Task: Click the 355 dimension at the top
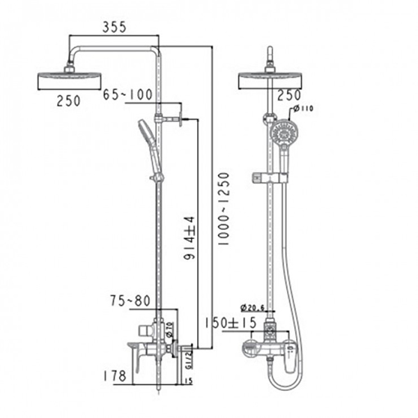pos(114,27)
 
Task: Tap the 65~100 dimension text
pos(127,95)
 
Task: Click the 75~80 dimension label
pos(131,301)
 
